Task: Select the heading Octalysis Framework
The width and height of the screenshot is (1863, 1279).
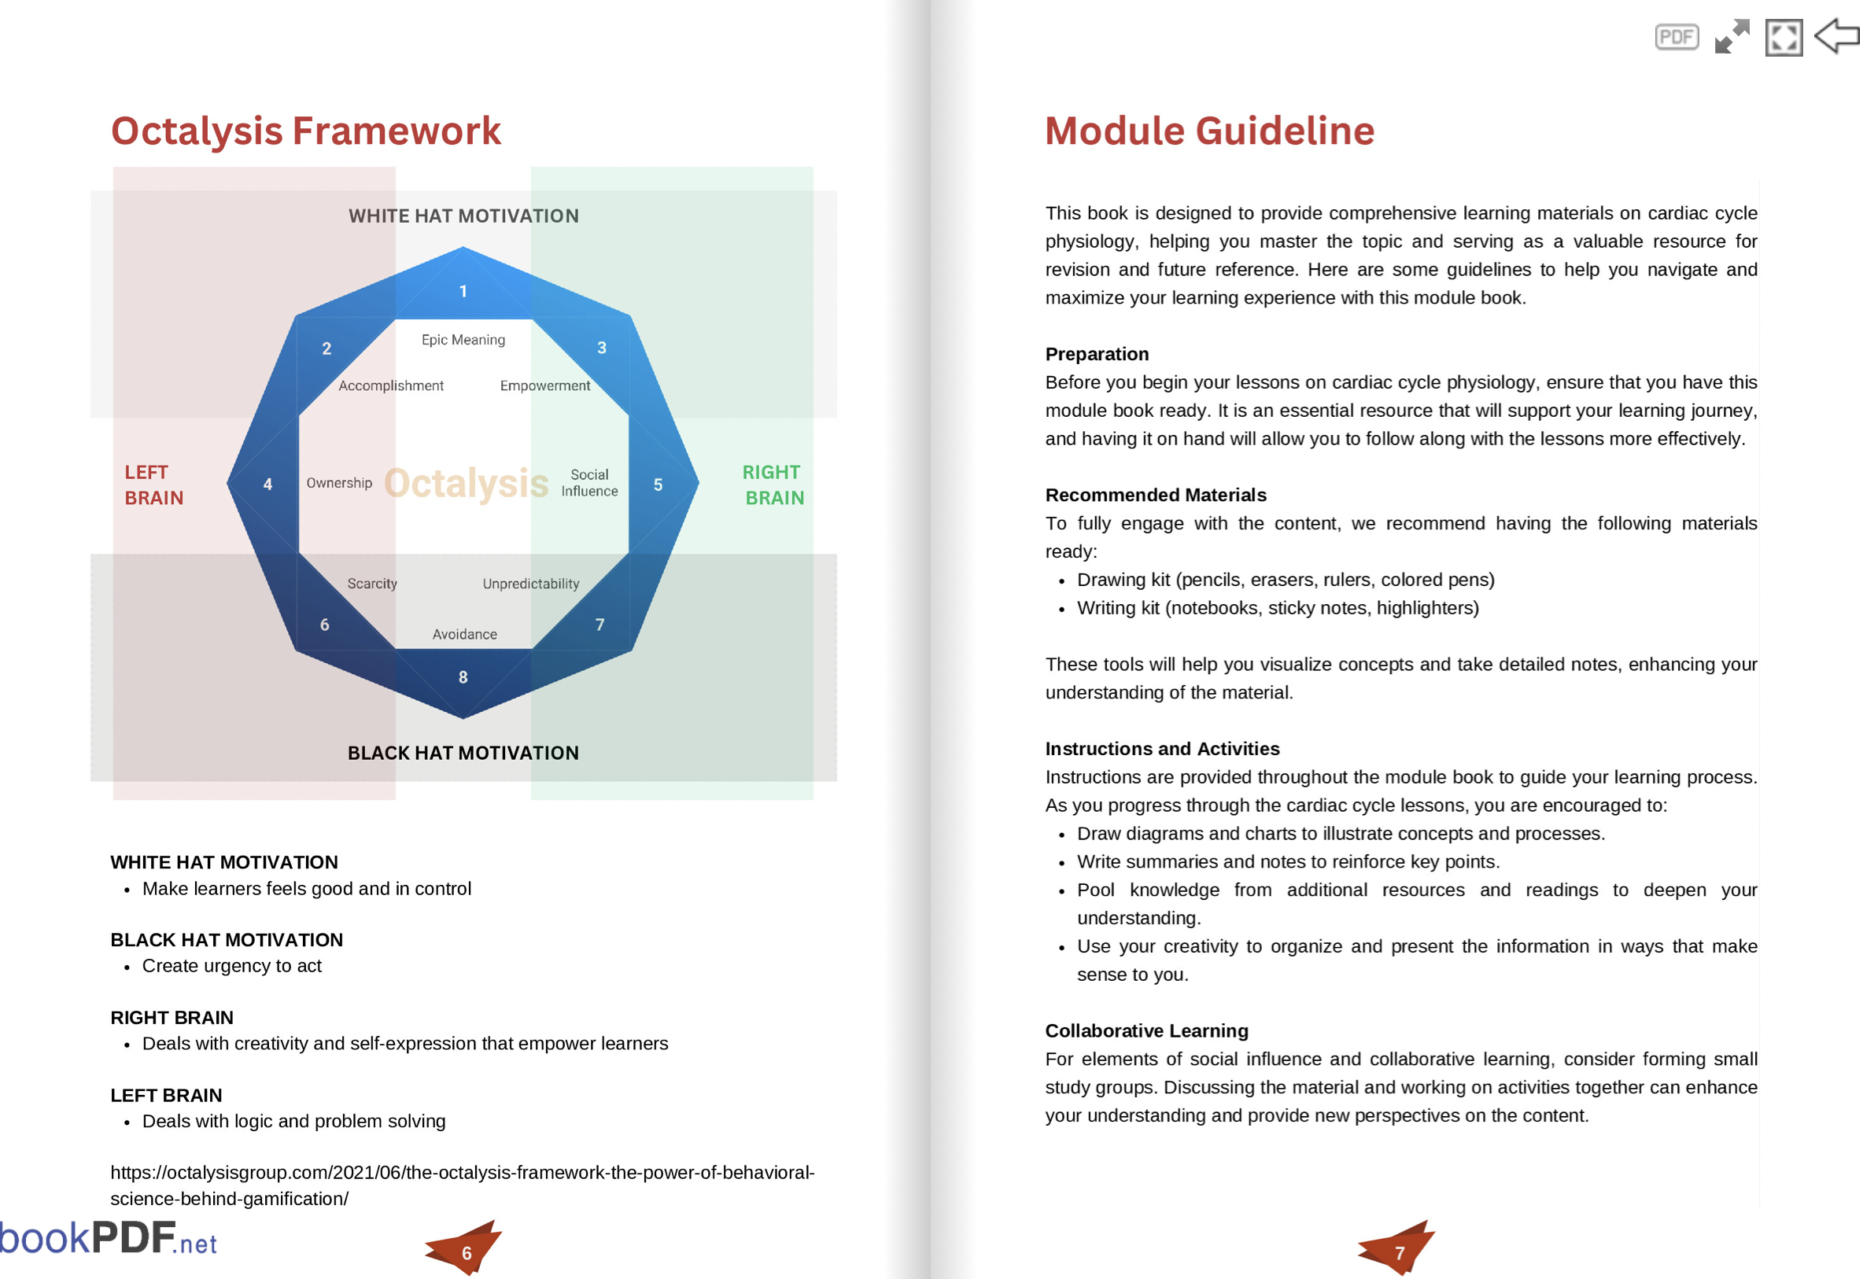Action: click(306, 131)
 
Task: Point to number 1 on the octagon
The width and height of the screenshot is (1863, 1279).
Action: click(463, 292)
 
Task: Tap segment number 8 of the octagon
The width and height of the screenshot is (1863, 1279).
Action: click(463, 678)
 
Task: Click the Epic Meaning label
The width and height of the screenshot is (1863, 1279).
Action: click(464, 340)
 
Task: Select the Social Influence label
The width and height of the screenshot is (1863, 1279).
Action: click(590, 483)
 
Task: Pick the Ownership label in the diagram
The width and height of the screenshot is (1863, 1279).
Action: click(340, 483)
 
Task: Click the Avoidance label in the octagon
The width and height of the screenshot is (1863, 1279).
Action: click(465, 635)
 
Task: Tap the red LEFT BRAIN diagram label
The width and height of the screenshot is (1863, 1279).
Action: click(154, 485)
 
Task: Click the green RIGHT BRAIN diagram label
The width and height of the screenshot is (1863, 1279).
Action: click(774, 485)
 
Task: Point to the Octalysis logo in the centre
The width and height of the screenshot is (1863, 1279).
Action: click(467, 484)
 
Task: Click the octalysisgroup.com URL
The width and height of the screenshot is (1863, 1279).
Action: click(463, 1187)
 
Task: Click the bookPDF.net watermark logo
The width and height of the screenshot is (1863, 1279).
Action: click(109, 1239)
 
